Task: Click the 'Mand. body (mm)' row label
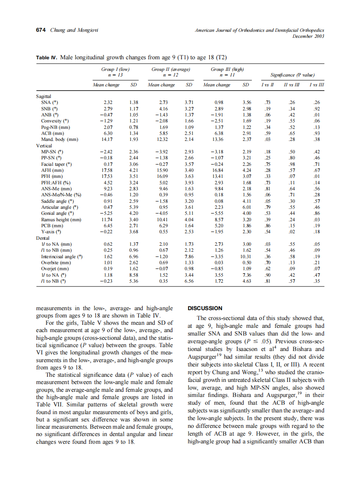60,140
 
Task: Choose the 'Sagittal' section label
44,97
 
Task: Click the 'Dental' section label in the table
43,238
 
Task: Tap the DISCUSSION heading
205,308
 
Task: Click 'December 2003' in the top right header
308,36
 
